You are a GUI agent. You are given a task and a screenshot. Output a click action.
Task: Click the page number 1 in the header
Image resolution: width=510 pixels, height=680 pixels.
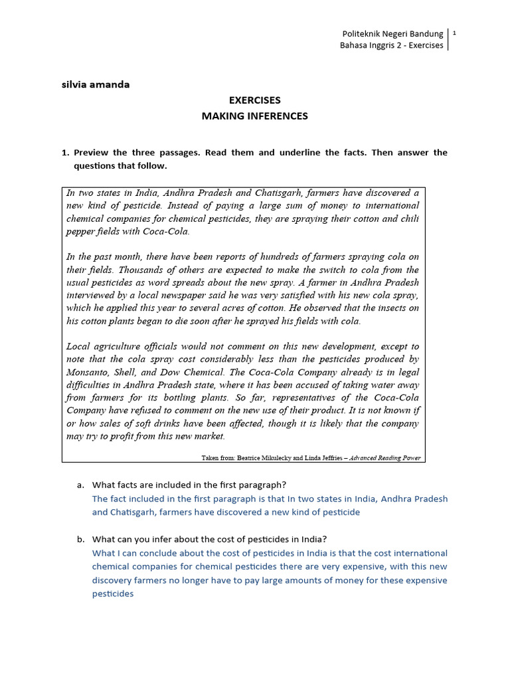point(454,33)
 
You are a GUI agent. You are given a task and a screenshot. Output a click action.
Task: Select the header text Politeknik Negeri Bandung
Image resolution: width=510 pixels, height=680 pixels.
point(392,33)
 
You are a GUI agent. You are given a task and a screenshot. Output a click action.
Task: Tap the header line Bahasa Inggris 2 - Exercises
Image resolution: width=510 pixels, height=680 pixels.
point(391,46)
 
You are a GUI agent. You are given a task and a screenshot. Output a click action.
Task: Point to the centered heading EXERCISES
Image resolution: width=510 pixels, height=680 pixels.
point(255,100)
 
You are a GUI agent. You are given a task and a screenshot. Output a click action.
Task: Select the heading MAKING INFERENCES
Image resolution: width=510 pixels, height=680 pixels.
point(255,116)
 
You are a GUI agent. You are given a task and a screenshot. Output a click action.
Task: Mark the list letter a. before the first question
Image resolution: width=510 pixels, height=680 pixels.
point(80,485)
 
